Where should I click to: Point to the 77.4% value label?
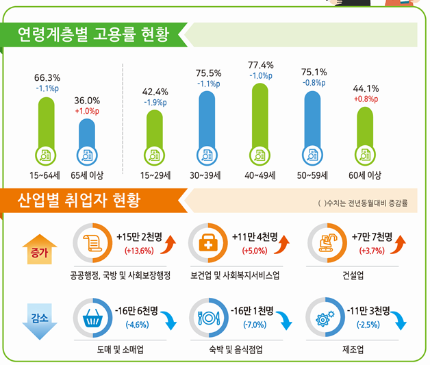click(x=260, y=65)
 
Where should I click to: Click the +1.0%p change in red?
click(x=87, y=111)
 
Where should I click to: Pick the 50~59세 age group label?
click(x=314, y=175)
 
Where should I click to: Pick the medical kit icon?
click(x=207, y=244)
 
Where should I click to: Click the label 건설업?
click(x=352, y=276)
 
